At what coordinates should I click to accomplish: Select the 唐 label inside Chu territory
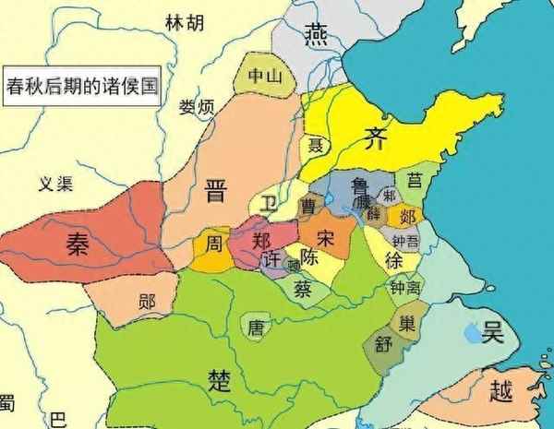pyautogui.click(x=255, y=325)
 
